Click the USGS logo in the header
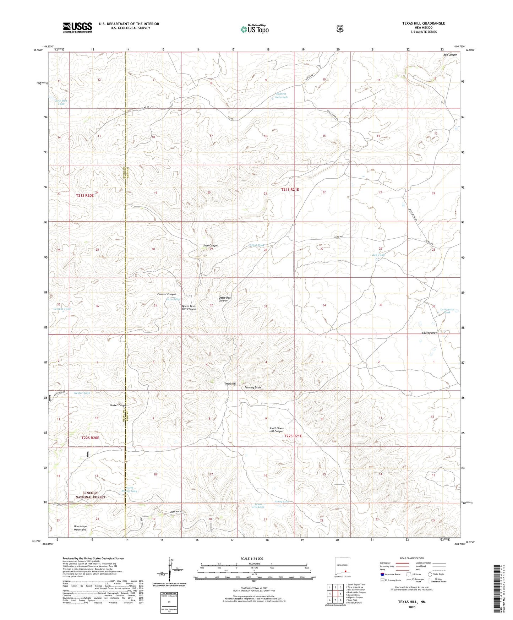click(x=77, y=27)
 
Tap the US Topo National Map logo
click(x=254, y=29)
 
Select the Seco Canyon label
click(x=211, y=246)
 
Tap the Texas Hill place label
click(x=230, y=384)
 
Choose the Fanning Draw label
click(x=253, y=387)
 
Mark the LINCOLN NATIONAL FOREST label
click(x=90, y=495)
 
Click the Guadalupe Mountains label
click(x=80, y=528)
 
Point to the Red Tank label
click(x=378, y=255)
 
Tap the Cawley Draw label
click(x=429, y=333)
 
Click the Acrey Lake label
click(x=282, y=502)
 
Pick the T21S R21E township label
click(x=290, y=190)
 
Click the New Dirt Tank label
click(x=61, y=102)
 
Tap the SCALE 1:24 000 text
click(x=252, y=559)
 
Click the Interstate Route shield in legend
click(x=382, y=574)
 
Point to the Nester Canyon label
click(x=118, y=405)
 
